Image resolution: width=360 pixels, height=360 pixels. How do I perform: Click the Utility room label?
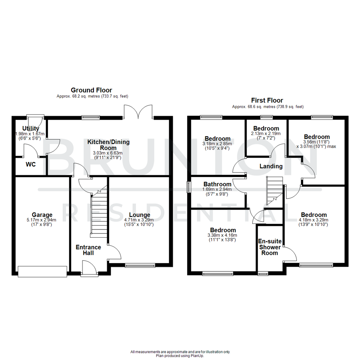[x=31, y=129]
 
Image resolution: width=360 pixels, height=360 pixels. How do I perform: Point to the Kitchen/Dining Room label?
[x=108, y=145]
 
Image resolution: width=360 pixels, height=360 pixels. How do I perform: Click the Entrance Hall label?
[x=88, y=250]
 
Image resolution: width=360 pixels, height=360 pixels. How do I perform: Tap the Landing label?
[x=271, y=166]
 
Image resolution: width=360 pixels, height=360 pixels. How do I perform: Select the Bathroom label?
[x=217, y=184]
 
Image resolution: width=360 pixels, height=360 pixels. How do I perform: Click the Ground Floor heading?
[x=91, y=90]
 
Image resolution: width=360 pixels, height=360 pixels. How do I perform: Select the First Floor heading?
[x=267, y=100]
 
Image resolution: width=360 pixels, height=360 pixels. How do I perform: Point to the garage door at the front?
[x=42, y=271]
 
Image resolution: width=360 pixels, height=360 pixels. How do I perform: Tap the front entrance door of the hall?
[x=89, y=269]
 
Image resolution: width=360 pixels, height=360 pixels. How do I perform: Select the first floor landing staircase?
[x=274, y=190]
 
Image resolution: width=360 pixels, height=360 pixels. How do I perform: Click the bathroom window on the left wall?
[x=189, y=187]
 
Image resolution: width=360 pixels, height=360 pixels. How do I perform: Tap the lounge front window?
[x=140, y=265]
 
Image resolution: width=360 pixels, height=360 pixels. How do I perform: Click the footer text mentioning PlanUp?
[x=180, y=356]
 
